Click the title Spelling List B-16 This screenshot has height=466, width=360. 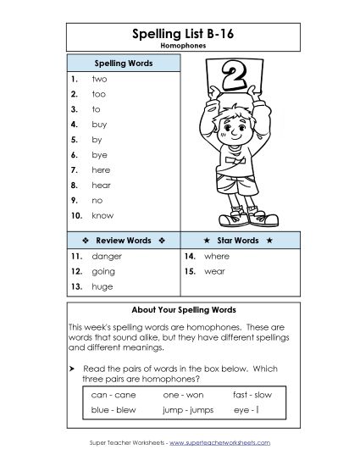179,34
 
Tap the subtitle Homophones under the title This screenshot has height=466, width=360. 179,48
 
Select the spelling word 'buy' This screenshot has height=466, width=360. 99,125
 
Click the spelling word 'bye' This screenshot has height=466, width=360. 99,155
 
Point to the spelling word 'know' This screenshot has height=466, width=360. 102,215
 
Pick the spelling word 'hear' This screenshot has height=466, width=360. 101,185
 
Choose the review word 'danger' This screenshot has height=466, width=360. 107,256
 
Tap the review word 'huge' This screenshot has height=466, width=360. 102,286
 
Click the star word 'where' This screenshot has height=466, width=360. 217,256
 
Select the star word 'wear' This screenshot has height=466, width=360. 214,271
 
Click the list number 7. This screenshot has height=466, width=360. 75,169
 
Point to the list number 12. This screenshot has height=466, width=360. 76,271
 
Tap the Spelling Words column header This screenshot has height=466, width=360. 122,64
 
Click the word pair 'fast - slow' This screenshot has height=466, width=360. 252,394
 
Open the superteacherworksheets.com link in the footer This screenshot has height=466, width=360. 222,443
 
